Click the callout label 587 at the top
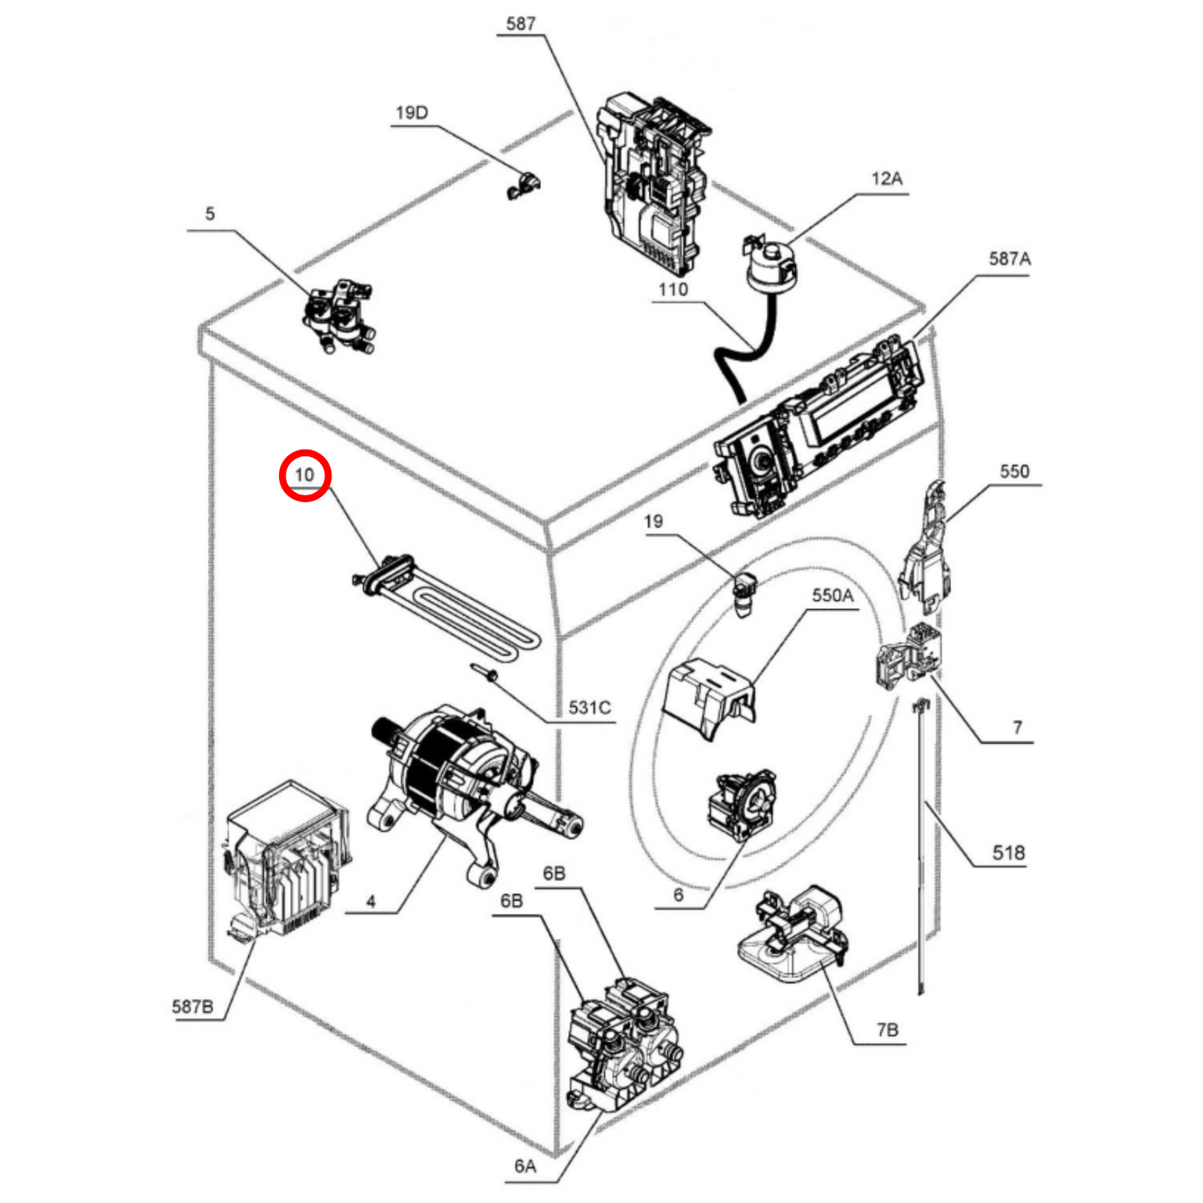[x=520, y=24]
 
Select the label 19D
[x=411, y=113]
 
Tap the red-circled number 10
[x=305, y=475]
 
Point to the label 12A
[x=887, y=179]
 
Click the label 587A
[x=1009, y=259]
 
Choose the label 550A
[x=833, y=595]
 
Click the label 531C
[x=589, y=708]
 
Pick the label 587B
[x=192, y=1007]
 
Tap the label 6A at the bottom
[x=525, y=1166]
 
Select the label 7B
[x=887, y=1030]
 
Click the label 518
[x=1008, y=853]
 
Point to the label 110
[x=673, y=290]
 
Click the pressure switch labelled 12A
[x=771, y=263]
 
